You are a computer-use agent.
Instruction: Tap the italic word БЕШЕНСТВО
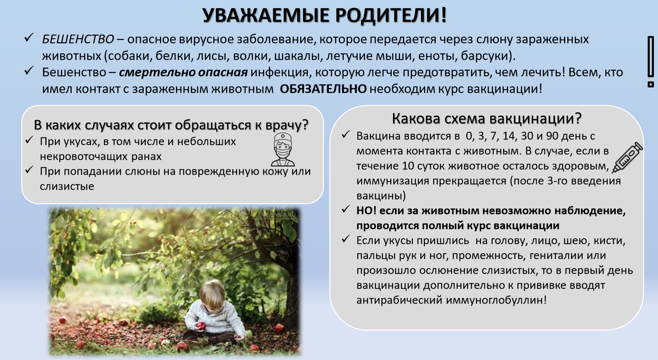(x=78, y=39)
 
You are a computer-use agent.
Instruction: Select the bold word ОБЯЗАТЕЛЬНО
(x=323, y=89)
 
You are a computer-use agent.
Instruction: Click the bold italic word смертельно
(x=157, y=72)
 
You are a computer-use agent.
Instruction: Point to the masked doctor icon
(x=282, y=150)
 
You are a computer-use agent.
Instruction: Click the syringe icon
(x=627, y=157)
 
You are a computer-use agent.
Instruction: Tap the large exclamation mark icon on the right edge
(x=651, y=62)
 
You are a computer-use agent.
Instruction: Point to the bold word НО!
(x=366, y=211)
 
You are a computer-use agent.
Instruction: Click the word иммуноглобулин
(x=496, y=300)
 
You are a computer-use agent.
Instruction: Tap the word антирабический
(x=400, y=300)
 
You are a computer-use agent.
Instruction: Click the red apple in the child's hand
(x=201, y=326)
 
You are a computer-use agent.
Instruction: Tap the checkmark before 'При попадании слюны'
(x=29, y=169)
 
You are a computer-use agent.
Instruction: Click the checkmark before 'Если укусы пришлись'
(x=345, y=239)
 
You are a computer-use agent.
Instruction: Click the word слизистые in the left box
(x=67, y=186)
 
